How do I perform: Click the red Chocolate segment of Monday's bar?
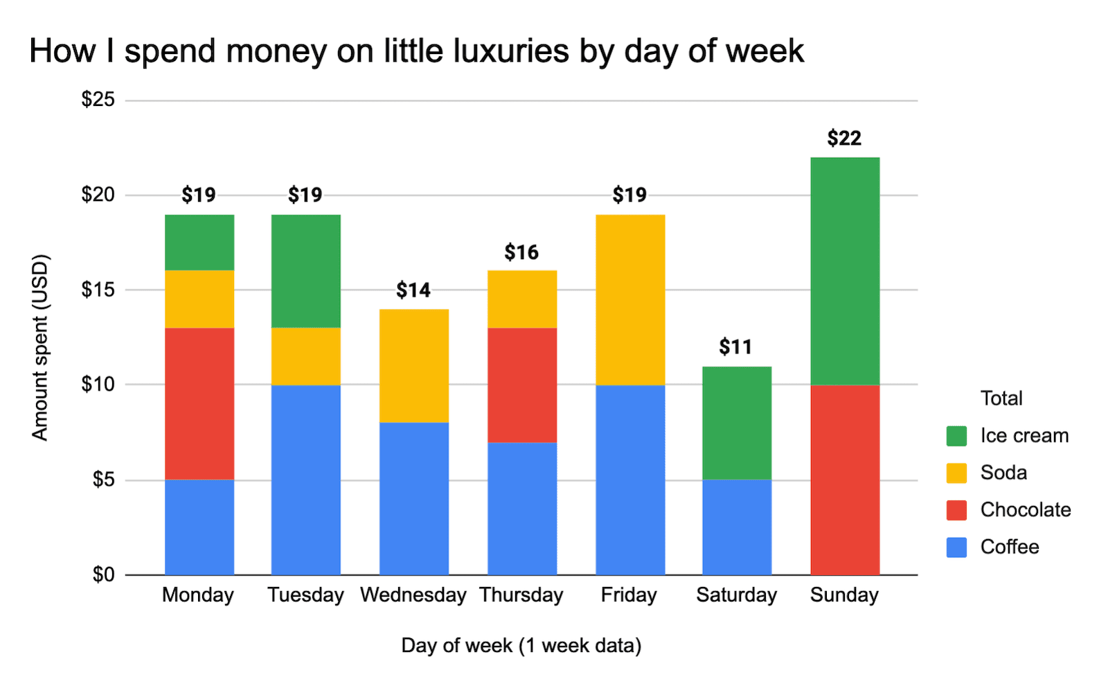pos(199,403)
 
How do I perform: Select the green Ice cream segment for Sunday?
pos(845,271)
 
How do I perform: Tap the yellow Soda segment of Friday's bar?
pos(630,299)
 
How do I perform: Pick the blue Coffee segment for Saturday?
pos(737,527)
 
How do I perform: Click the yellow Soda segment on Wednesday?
pos(414,365)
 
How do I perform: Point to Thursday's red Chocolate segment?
pos(522,385)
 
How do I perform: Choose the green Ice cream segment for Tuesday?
pos(306,271)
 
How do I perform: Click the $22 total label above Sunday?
pos(844,138)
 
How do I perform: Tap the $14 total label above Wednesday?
pos(413,290)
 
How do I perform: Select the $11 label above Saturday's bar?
pos(735,347)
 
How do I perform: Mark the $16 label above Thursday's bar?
pos(521,252)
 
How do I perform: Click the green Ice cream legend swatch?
pos(956,436)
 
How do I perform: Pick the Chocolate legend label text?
pos(1026,510)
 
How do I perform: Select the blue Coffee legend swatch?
pos(956,547)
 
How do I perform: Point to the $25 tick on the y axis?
pos(98,100)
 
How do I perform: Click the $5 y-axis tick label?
pos(104,480)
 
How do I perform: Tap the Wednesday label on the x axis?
pos(413,595)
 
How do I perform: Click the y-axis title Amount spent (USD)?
pos(41,347)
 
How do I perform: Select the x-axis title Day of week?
pos(521,646)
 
